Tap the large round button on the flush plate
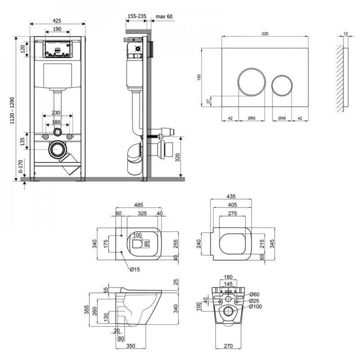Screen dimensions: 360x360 (252, 82)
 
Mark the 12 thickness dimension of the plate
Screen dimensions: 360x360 (346, 33)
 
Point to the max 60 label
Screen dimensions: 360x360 (164, 16)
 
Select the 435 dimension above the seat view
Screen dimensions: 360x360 (230, 197)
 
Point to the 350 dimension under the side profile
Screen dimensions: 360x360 (130, 346)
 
